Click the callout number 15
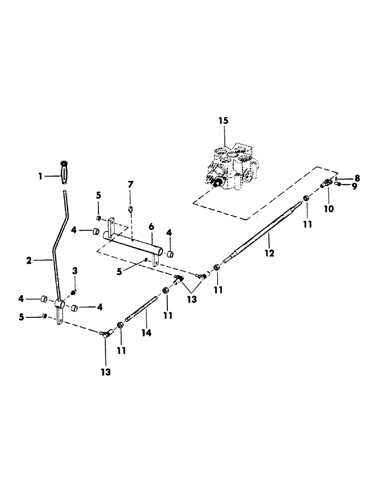tap(224, 121)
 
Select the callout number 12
tap(269, 253)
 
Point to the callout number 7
tap(130, 184)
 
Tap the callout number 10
tap(328, 208)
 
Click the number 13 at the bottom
tap(106, 372)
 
